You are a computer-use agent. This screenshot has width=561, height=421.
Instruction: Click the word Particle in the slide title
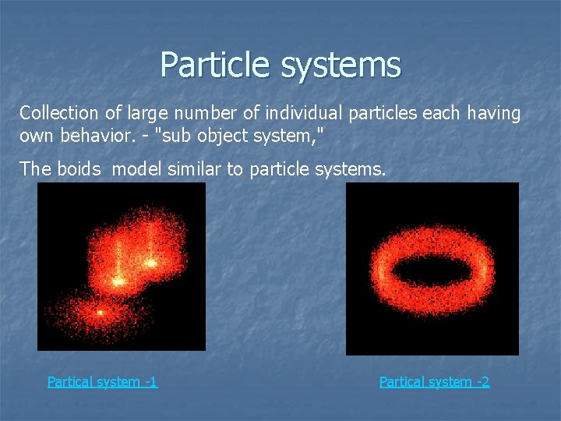216,65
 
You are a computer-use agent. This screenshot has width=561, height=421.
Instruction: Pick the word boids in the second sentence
79,169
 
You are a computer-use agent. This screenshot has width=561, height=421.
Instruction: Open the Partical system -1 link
102,381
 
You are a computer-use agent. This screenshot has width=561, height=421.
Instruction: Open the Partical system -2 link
434,381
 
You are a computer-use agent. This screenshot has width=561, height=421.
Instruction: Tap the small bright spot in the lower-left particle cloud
100,313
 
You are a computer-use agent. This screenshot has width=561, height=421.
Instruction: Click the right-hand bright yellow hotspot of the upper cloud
150,264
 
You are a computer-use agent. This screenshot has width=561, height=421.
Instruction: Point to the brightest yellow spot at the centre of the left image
118,280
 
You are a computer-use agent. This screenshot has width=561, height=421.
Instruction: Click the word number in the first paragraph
188,114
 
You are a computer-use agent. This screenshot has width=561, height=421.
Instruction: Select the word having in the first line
493,114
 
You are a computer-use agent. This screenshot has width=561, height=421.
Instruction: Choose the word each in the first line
442,114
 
